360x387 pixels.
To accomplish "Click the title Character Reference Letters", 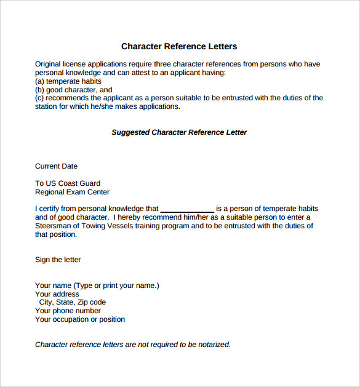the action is point(179,47).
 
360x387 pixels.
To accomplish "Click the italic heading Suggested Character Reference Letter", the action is point(179,132).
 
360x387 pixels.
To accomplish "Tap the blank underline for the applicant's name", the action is point(187,210).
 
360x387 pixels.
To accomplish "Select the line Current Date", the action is point(56,166).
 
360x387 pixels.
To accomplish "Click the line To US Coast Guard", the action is point(68,183).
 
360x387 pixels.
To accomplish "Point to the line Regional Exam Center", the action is point(73,192).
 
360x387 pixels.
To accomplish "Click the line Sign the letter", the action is point(58,260).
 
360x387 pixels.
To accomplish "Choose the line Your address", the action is point(57,294).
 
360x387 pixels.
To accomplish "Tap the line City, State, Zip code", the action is point(73,302).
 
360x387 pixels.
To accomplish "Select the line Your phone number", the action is point(68,311).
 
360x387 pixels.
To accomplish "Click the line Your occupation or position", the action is point(80,319).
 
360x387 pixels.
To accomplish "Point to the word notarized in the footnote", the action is point(212,345).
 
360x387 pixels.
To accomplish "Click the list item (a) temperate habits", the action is point(68,81).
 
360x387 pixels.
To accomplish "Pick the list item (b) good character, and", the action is point(74,90).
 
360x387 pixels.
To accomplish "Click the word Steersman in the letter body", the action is point(54,226).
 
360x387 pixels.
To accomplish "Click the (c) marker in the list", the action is point(39,98).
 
